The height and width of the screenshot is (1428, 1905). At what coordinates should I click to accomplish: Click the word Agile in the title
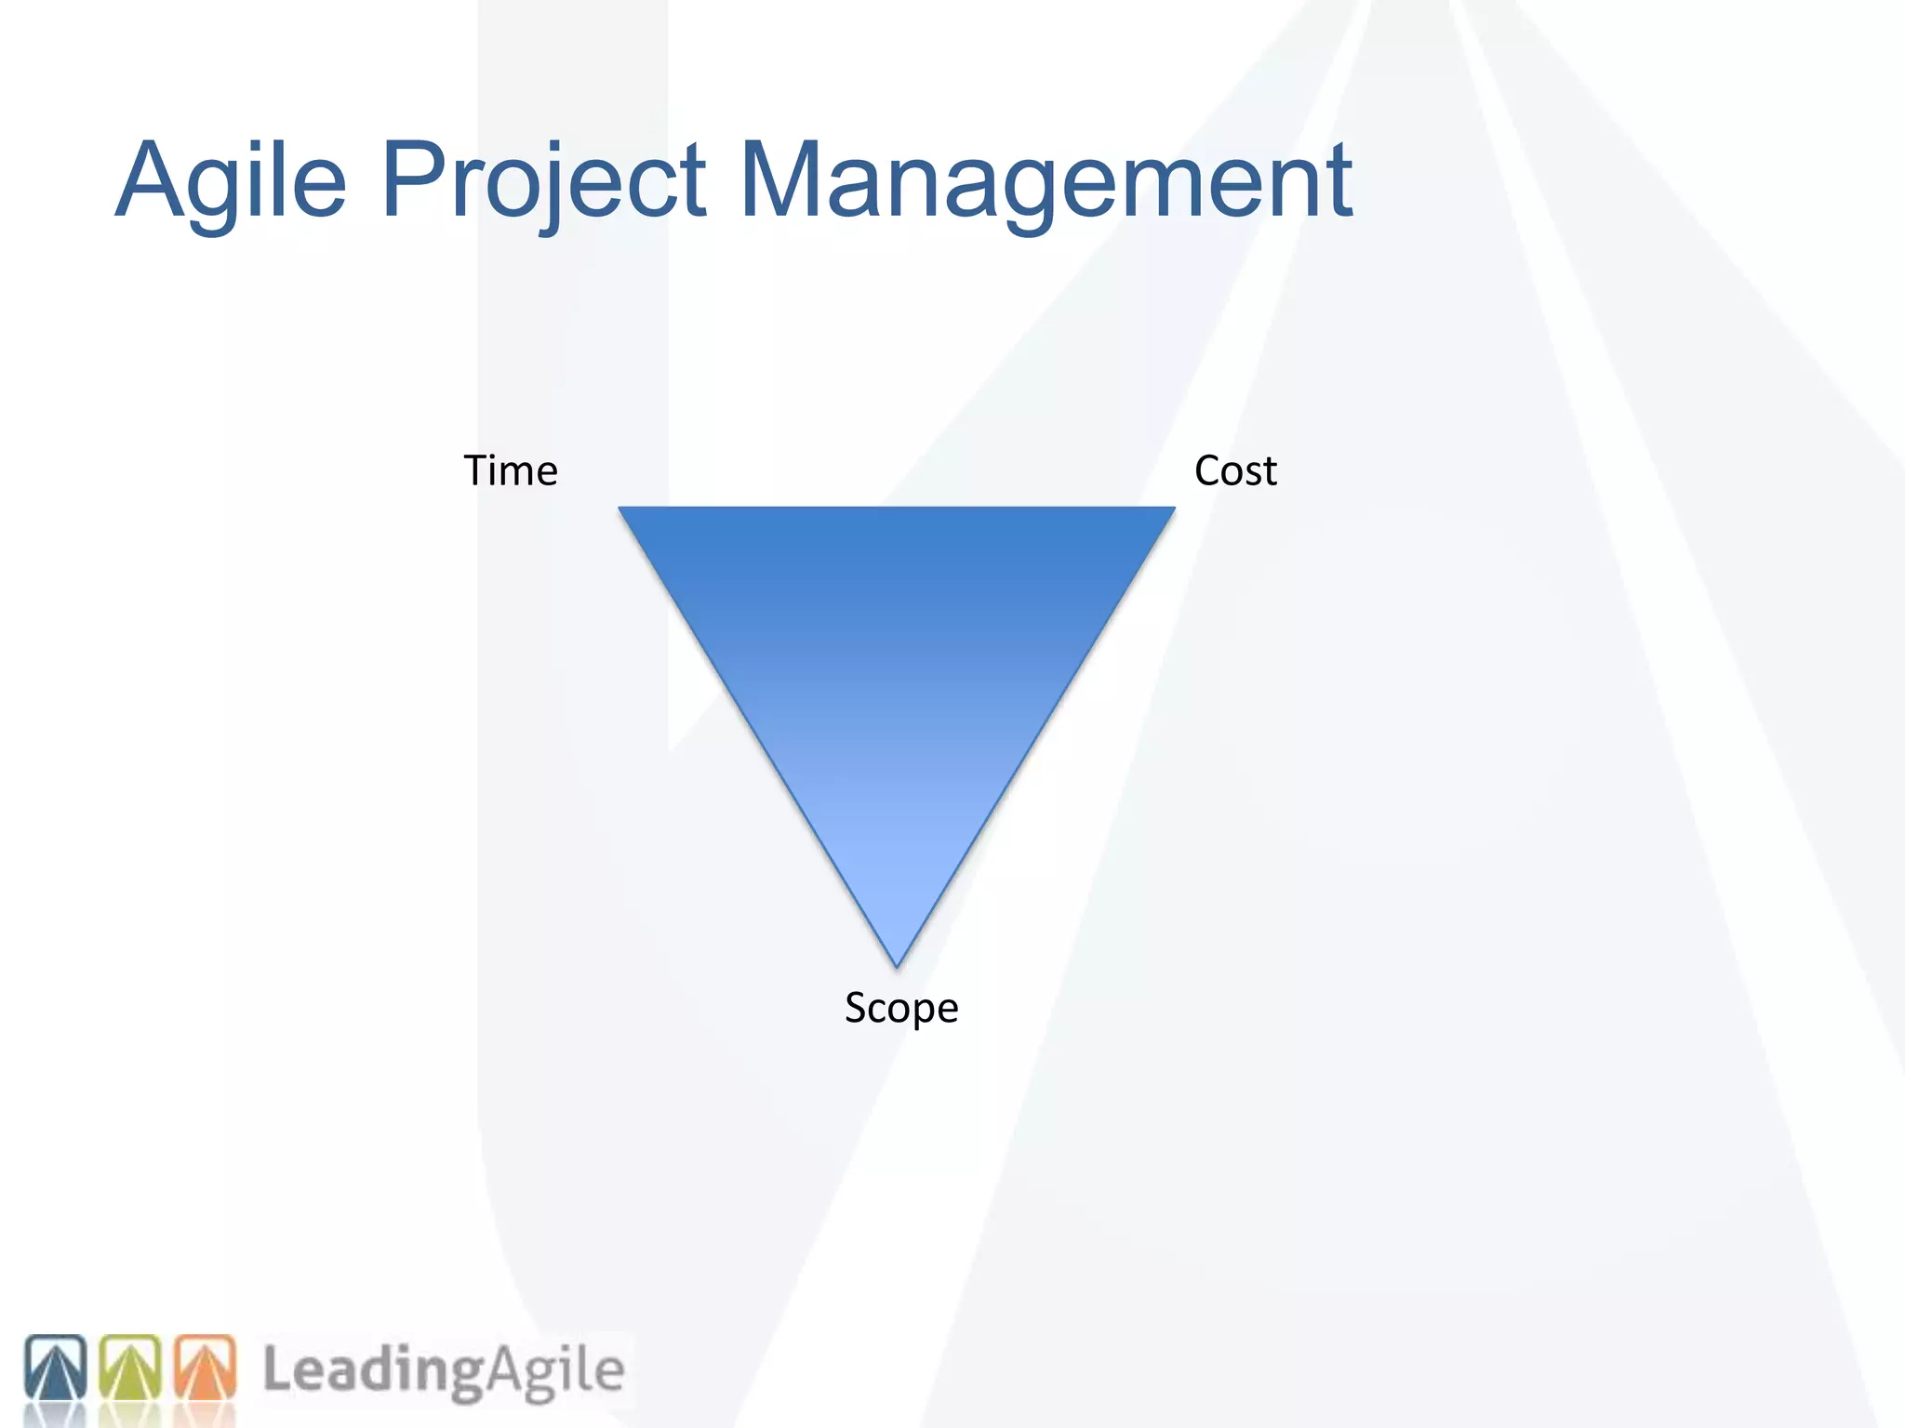pyautogui.click(x=231, y=181)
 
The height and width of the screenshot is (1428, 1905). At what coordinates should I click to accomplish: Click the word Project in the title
pyautogui.click(x=544, y=181)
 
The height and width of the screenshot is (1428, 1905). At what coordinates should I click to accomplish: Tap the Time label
pyautogui.click(x=511, y=470)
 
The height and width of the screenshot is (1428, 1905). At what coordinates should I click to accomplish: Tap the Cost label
pyautogui.click(x=1235, y=470)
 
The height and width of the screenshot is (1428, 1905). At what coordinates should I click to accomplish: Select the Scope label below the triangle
pyautogui.click(x=901, y=1008)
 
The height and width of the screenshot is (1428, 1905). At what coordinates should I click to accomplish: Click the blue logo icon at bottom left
pyautogui.click(x=55, y=1368)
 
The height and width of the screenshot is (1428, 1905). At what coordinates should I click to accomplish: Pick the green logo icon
pyautogui.click(x=130, y=1368)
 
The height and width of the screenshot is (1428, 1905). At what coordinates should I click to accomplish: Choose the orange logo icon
pyautogui.click(x=205, y=1368)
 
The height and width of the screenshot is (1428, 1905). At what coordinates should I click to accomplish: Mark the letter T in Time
pyautogui.click(x=479, y=470)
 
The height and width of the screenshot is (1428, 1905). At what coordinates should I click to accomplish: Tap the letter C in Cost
pyautogui.click(x=1208, y=470)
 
